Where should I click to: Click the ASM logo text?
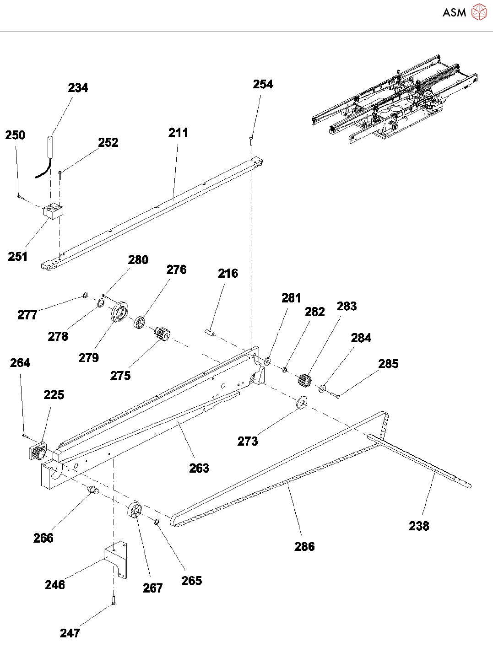[x=454, y=13]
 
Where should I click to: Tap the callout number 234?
[x=78, y=88]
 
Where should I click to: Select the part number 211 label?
[x=178, y=133]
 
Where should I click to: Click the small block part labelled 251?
[x=54, y=211]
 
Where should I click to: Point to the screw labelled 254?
[x=251, y=140]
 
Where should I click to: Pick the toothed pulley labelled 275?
[x=161, y=333]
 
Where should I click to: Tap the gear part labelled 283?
[x=305, y=380]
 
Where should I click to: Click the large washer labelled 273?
[x=301, y=403]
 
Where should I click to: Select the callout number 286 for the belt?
[x=304, y=546]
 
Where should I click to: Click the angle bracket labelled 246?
[x=116, y=559]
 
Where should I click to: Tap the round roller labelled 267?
[x=135, y=511]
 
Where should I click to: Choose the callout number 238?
[x=419, y=526]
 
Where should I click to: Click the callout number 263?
[x=199, y=468]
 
